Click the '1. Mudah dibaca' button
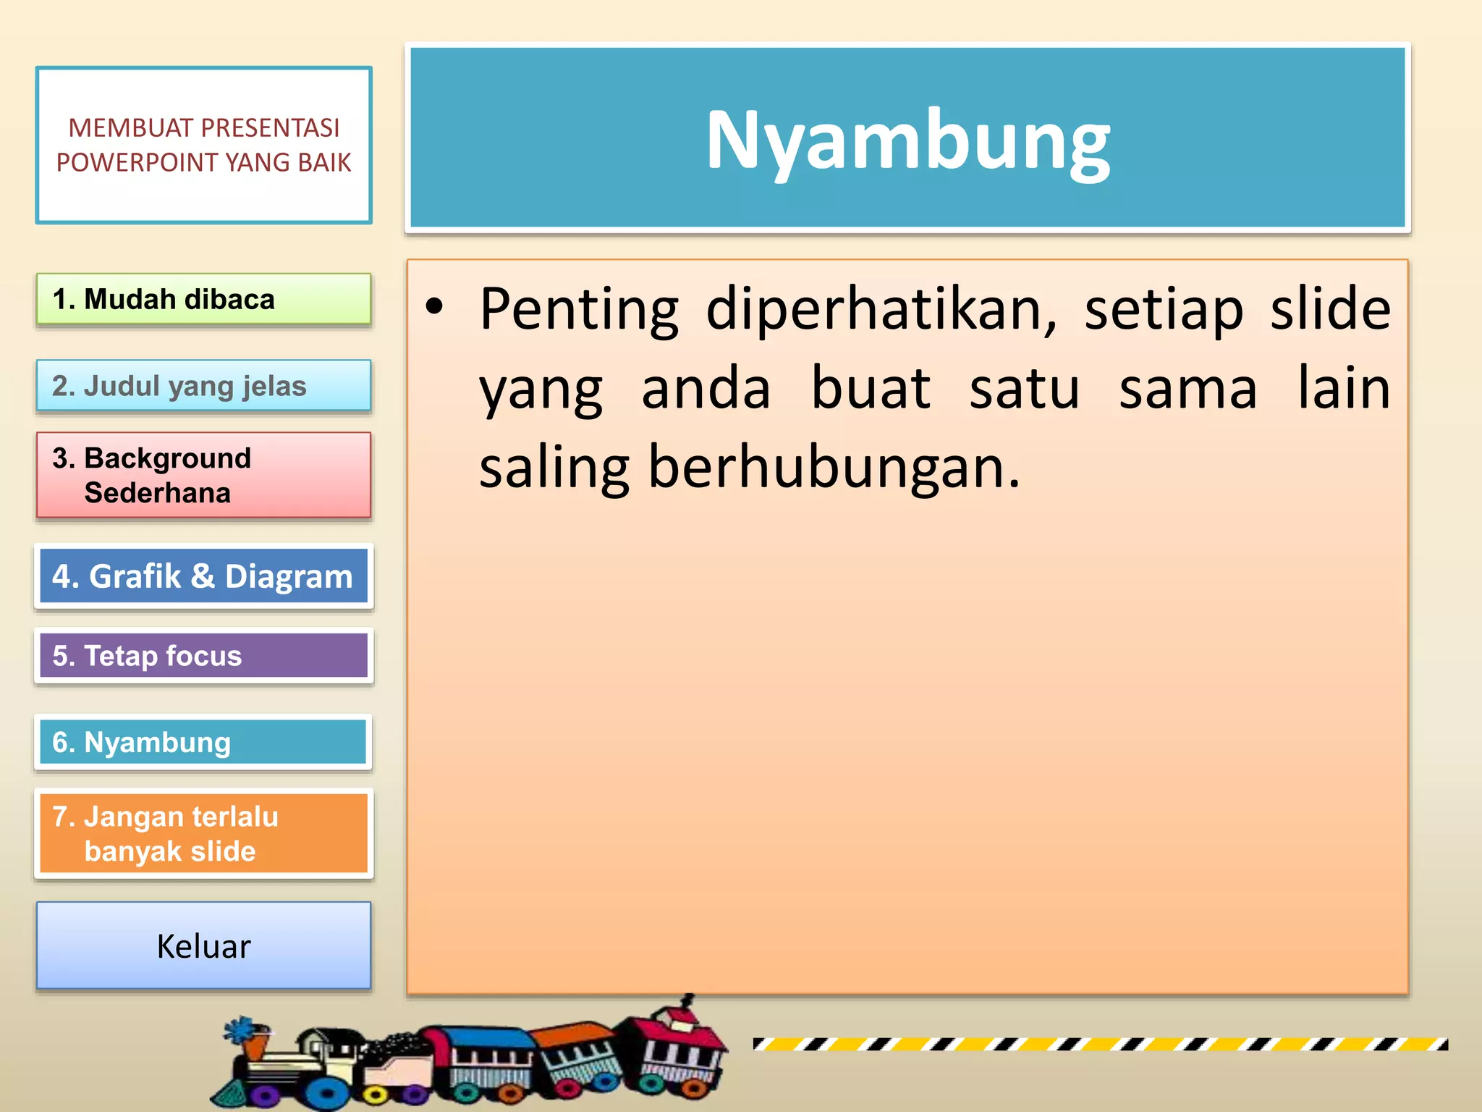(203, 299)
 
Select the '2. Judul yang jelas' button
(203, 386)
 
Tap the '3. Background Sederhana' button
(203, 475)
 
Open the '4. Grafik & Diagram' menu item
(203, 576)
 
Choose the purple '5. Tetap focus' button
(203, 656)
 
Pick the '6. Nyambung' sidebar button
(203, 742)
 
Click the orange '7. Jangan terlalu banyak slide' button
(203, 833)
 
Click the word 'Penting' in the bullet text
(579, 310)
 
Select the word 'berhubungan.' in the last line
(834, 468)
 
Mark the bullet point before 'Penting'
(434, 307)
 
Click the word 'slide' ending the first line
(1330, 310)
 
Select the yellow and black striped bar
(1100, 1044)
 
